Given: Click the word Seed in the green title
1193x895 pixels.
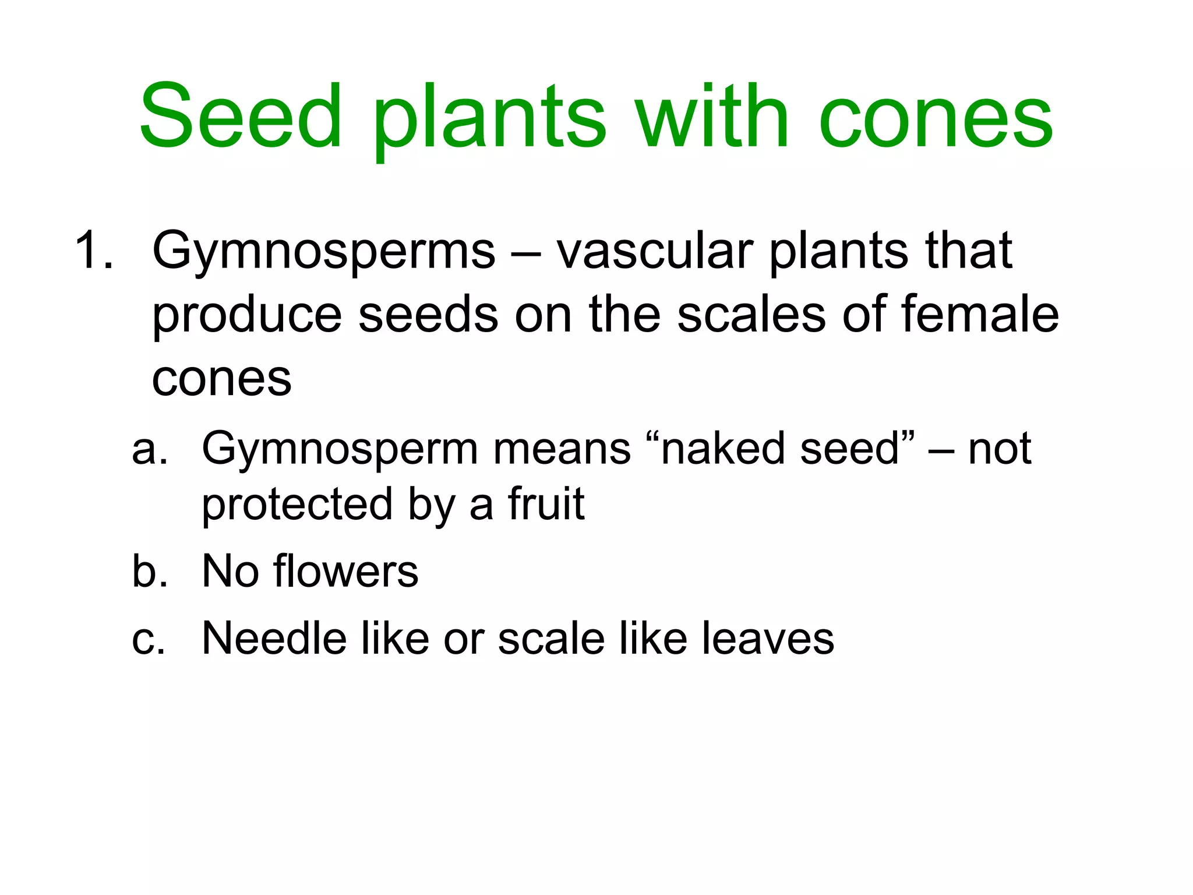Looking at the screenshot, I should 240,117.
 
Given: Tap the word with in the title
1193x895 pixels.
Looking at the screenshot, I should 712,117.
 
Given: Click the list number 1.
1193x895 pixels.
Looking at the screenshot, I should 94,251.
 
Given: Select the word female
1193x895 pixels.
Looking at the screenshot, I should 979,315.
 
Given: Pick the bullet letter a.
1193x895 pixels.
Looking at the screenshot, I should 149,450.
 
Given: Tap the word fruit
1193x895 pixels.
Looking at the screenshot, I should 546,504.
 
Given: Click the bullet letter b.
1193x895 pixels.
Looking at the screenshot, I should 149,571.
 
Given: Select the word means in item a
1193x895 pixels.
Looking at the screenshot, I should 562,450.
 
